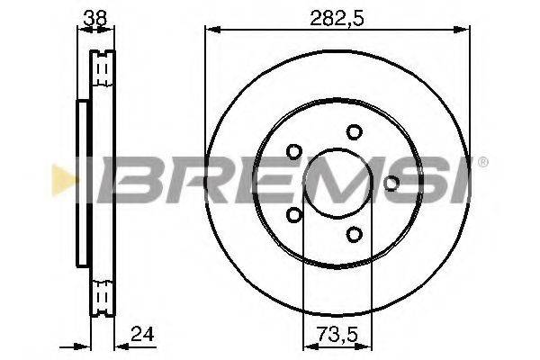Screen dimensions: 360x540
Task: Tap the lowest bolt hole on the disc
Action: pyautogui.click(x=354, y=235)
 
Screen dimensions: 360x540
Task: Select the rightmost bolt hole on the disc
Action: pyautogui.click(x=391, y=184)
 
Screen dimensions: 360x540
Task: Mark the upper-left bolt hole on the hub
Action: pyautogui.click(x=293, y=152)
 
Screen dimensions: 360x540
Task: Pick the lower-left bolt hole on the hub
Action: pyautogui.click(x=293, y=215)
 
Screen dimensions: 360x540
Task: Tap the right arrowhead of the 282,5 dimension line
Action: pyautogui.click(x=465, y=31)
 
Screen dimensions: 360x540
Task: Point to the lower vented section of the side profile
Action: pyautogui.click(x=103, y=294)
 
